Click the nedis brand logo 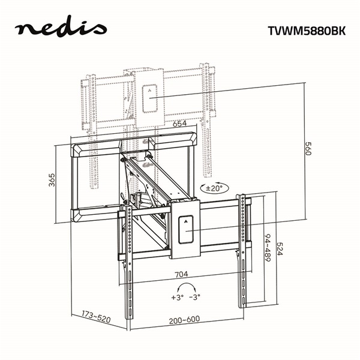pyautogui.click(x=61, y=28)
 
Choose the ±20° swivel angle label pyautogui.click(x=214, y=188)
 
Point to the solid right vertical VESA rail pyautogui.click(x=244, y=252)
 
